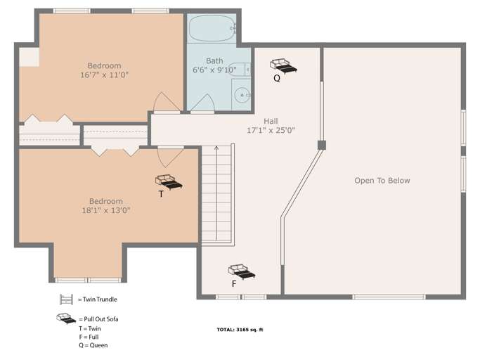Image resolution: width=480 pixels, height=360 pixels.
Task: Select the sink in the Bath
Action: [242, 96]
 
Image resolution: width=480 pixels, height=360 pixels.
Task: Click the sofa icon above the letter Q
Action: [283, 66]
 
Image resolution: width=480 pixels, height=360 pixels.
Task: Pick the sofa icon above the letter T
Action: [169, 181]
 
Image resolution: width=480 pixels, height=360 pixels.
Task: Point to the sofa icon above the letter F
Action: [241, 271]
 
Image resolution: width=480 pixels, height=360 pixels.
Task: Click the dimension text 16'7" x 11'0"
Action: [104, 75]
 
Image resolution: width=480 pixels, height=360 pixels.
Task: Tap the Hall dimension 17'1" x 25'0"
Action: [271, 130]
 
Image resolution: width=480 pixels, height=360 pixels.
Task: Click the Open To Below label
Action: [382, 181]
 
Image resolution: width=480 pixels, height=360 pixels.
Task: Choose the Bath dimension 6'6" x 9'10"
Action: [215, 70]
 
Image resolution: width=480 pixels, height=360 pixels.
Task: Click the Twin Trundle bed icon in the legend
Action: [67, 299]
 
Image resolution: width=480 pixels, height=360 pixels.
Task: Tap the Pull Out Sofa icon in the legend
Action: [67, 319]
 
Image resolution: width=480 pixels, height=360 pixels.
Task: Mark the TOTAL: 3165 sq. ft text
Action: [240, 329]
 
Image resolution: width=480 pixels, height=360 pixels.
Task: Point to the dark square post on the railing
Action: [321, 145]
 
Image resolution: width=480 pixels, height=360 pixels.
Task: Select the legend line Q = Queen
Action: [93, 345]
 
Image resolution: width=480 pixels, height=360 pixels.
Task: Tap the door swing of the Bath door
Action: [202, 103]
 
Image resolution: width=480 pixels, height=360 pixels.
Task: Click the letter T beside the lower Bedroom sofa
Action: [161, 194]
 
